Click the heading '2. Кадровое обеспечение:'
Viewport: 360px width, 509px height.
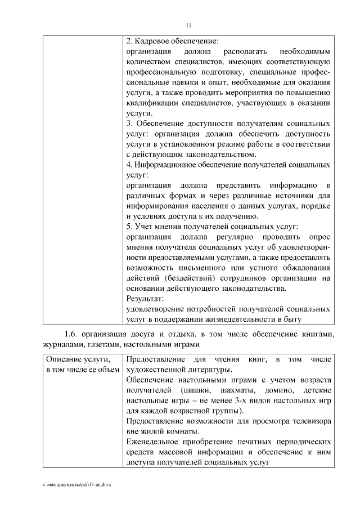[x=172, y=41]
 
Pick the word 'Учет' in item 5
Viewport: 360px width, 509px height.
[x=145, y=227]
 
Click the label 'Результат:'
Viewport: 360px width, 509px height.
[x=145, y=299]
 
